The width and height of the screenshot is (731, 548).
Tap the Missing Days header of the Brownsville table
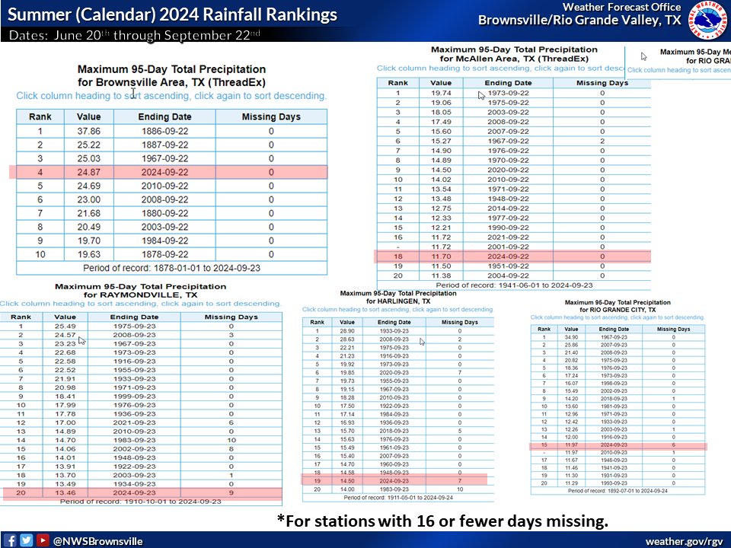[x=271, y=117]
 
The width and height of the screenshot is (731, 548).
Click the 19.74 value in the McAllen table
[x=442, y=93]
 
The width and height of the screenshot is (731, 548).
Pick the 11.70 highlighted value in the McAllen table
[x=442, y=257]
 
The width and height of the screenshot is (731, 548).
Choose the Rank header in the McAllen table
[x=397, y=83]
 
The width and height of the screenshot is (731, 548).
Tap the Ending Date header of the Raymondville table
[x=135, y=317]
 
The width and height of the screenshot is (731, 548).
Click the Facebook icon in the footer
[x=10, y=540]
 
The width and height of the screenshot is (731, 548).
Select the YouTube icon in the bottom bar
[x=42, y=540]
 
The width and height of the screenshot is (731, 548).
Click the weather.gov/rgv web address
[x=684, y=540]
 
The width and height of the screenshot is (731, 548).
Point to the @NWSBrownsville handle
[x=97, y=540]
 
